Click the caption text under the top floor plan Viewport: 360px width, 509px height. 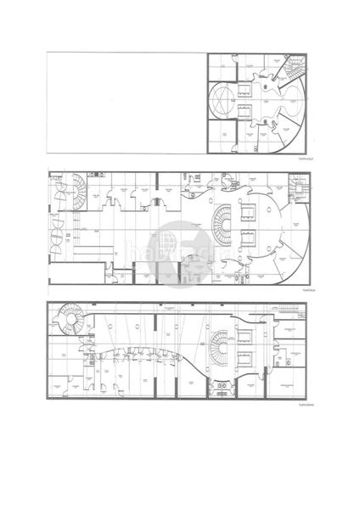click(x=305, y=159)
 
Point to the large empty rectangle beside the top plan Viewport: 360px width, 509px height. click(x=124, y=103)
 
